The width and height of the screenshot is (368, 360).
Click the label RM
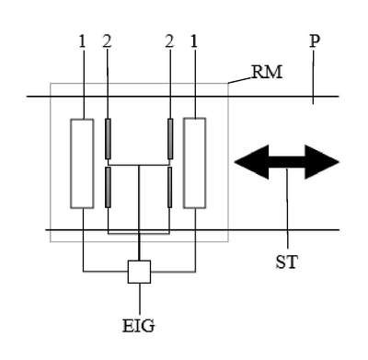point(267,73)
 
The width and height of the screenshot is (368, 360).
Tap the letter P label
point(315,41)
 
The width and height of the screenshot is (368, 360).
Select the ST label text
point(287,262)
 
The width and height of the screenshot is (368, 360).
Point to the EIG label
point(139,326)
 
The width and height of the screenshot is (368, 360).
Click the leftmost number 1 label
point(82,41)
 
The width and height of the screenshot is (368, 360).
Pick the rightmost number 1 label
point(194,41)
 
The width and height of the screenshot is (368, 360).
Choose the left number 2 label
point(107,41)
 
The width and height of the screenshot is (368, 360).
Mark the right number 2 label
point(169,41)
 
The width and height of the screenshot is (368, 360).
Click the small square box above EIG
point(139,272)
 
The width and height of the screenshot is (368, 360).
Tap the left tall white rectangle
point(82,164)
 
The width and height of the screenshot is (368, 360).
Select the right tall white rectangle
point(195,163)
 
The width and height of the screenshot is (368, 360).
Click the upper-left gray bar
point(108,139)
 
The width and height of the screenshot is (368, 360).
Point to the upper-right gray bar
point(170,139)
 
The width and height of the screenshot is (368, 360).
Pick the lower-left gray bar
point(108,187)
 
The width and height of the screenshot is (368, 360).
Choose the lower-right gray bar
point(170,187)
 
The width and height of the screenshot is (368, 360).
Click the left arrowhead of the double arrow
point(251,162)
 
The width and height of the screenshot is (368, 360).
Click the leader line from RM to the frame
point(240,80)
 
